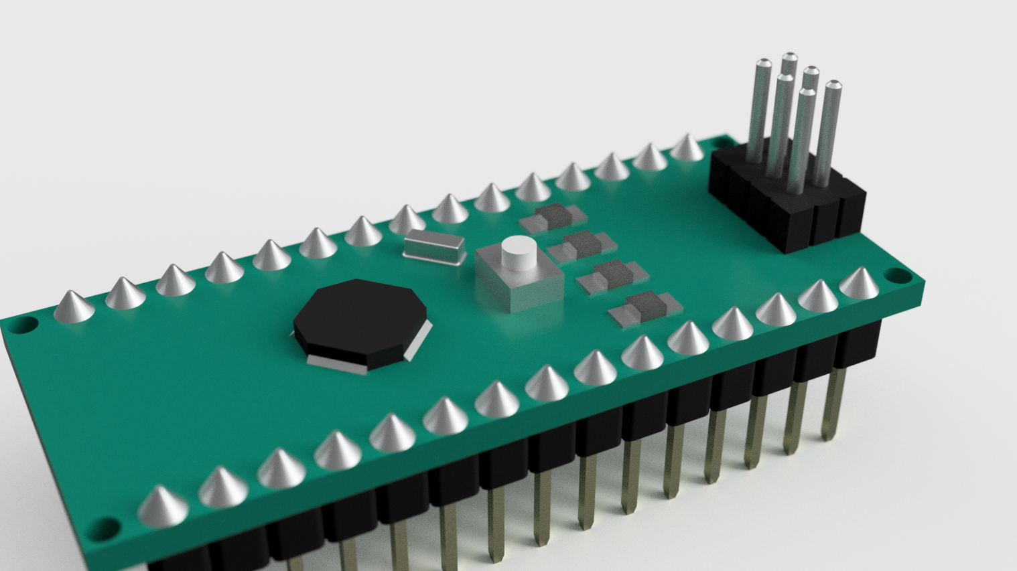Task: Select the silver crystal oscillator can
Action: pyautogui.click(x=434, y=244)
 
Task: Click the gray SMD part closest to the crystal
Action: pyautogui.click(x=553, y=216)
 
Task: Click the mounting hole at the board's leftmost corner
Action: pyautogui.click(x=24, y=326)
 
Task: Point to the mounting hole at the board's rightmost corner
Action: pyautogui.click(x=896, y=275)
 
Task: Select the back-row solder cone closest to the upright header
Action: pyautogui.click(x=687, y=148)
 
